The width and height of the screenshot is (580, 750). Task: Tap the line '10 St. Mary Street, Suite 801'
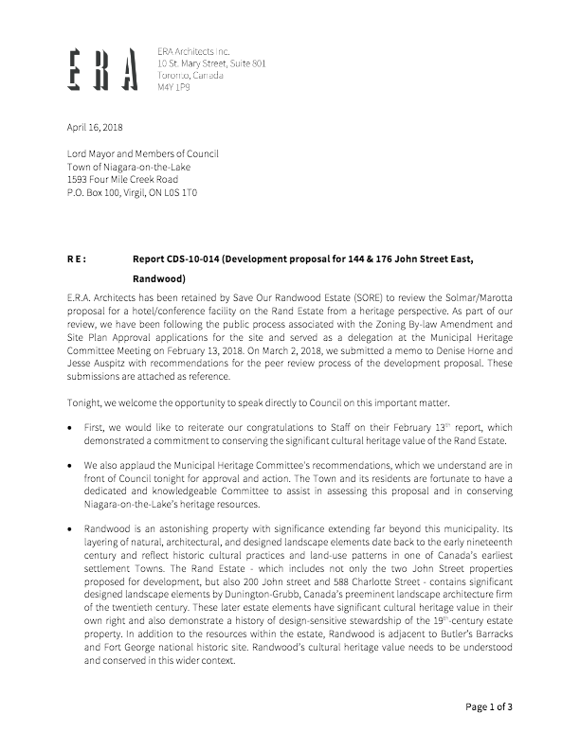211,62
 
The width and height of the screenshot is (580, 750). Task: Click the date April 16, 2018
95,127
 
